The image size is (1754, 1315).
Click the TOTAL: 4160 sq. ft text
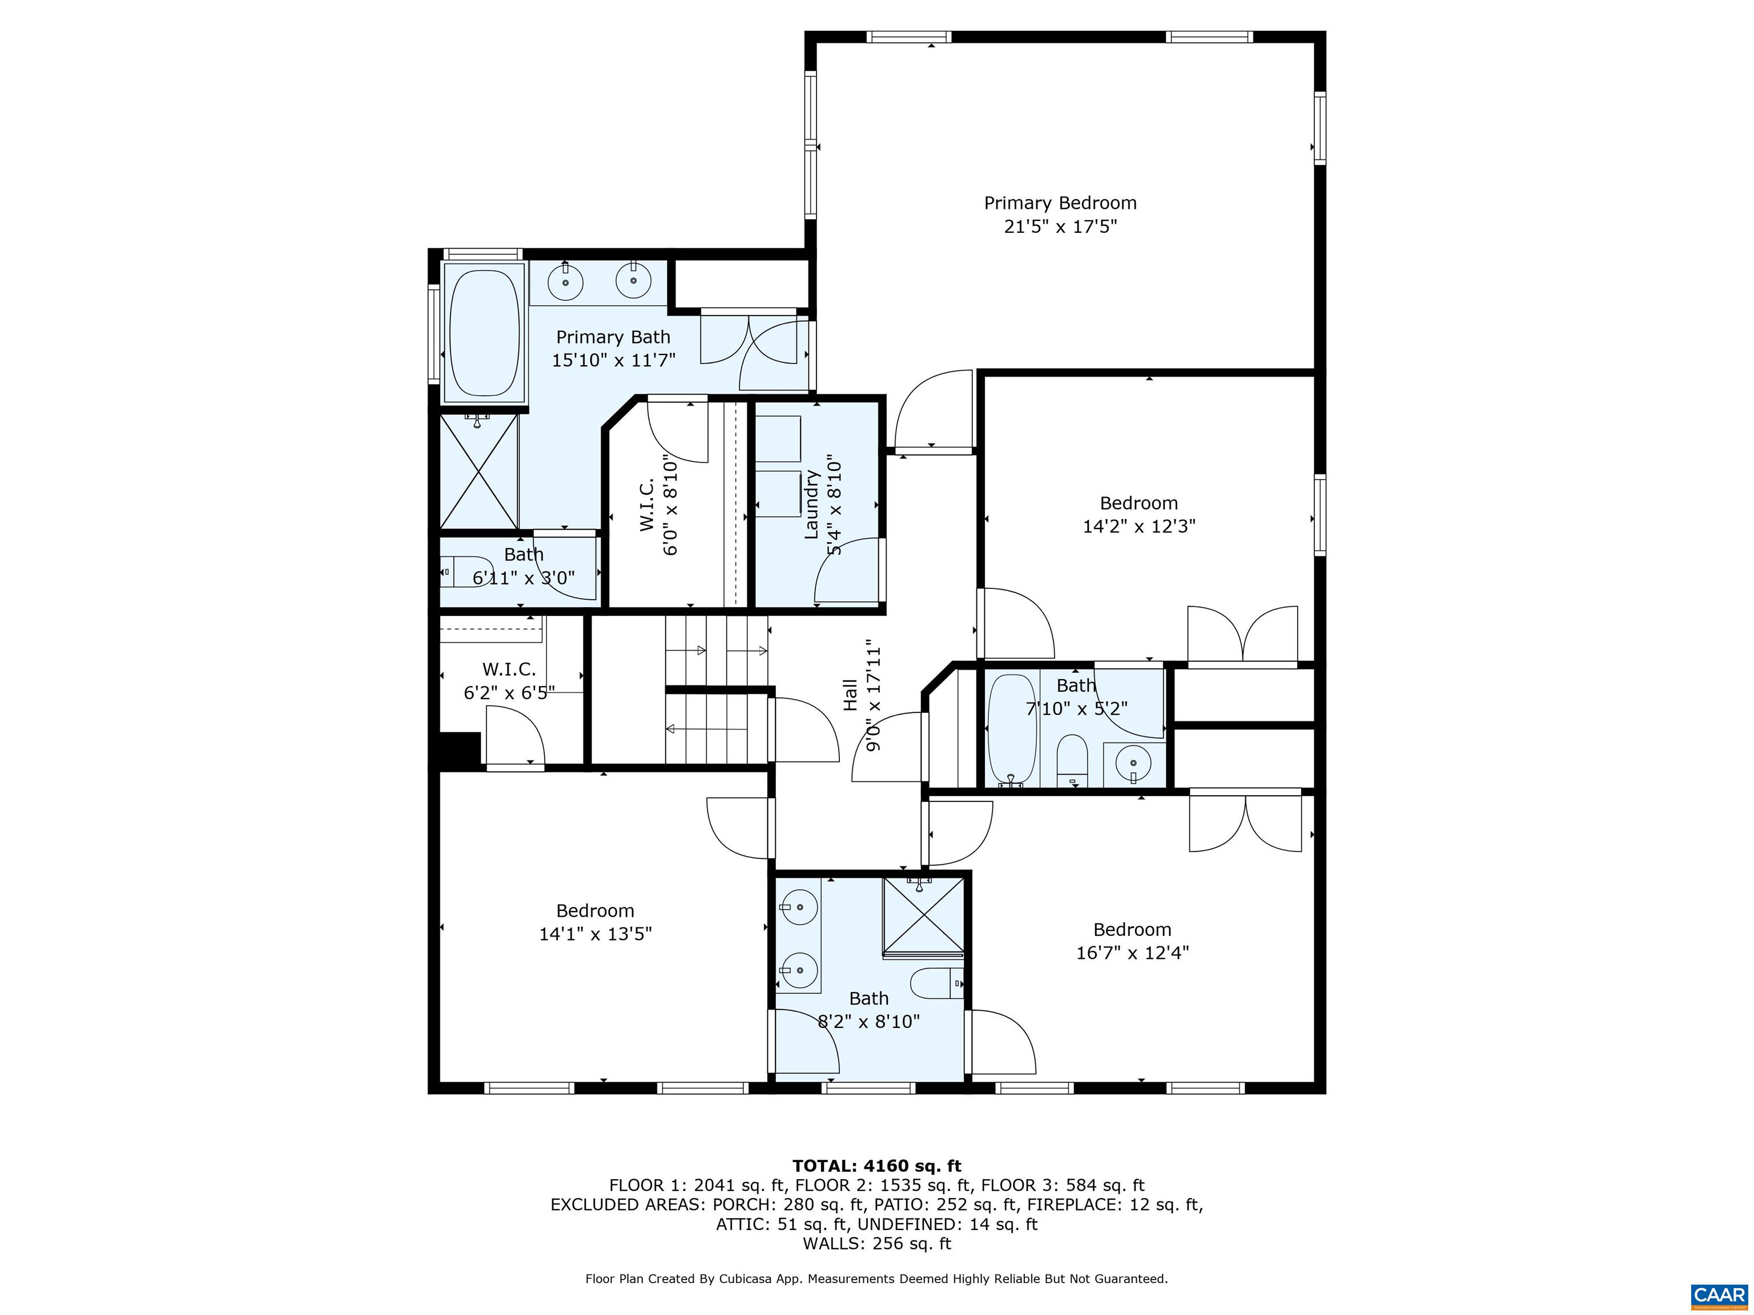coord(876,1166)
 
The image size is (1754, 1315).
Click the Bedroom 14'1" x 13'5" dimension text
coord(595,934)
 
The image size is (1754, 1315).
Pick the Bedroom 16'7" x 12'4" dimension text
coord(1132,953)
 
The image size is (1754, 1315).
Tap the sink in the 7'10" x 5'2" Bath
coord(1133,765)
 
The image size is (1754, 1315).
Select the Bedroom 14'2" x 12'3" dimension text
coord(1139,526)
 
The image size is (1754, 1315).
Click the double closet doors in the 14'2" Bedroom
coord(1242,635)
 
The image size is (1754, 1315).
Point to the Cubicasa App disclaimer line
coord(876,1278)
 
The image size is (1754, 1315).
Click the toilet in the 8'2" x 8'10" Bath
coord(936,983)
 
